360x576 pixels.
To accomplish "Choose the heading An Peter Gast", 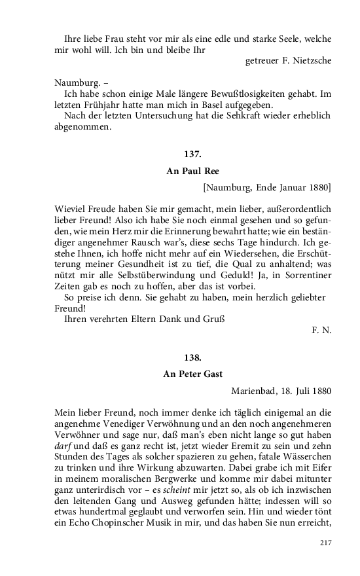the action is point(193,374).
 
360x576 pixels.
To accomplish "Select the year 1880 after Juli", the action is point(319,391).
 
